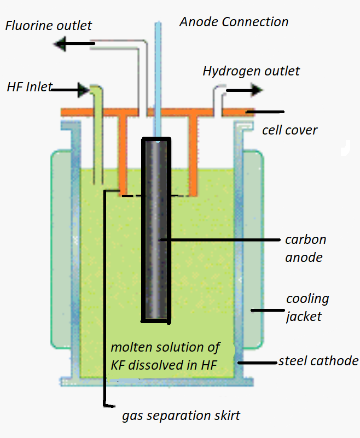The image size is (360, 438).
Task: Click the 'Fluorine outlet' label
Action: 49,26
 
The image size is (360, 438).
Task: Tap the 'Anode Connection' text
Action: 234,22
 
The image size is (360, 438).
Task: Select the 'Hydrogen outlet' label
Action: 251,71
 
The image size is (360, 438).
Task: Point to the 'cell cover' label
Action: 290,130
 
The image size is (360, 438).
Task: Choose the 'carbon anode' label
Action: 305,248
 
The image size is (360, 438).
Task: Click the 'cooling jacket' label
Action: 307,307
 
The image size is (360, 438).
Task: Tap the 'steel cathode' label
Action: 318,361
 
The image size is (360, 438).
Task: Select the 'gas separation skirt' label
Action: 181,416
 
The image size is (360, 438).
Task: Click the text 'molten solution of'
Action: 165,347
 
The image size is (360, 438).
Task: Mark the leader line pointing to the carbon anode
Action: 219,240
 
